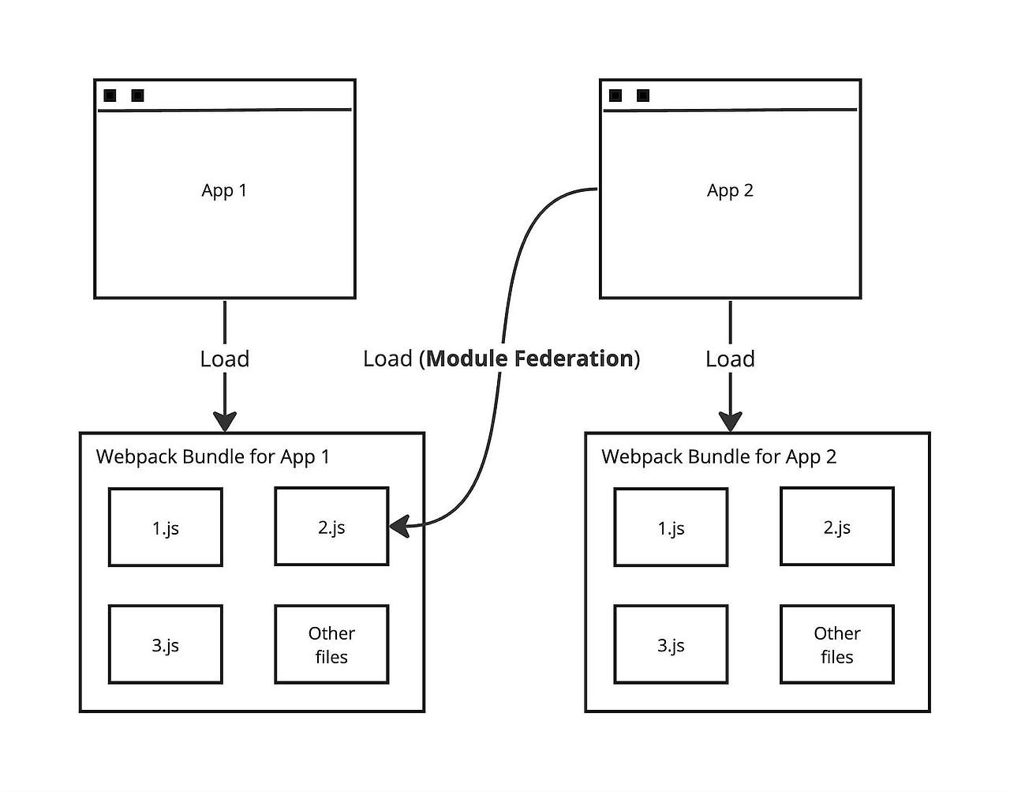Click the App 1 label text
point(224,190)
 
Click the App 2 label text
point(730,190)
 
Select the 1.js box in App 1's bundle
point(166,527)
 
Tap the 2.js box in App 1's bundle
point(331,527)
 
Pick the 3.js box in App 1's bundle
point(166,644)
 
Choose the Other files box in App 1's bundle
point(331,644)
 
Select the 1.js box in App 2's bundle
point(671,527)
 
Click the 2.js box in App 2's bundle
point(837,527)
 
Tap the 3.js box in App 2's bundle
point(671,644)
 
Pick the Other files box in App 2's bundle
point(837,644)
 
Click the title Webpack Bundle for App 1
point(213,456)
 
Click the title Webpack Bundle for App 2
point(719,456)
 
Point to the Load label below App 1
point(225,358)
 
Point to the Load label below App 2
point(730,358)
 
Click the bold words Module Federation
point(530,358)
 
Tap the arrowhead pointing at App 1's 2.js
point(399,525)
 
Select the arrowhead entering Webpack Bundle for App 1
point(225,420)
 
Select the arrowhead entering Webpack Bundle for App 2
point(730,420)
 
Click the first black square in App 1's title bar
point(110,96)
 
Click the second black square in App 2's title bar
point(643,96)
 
